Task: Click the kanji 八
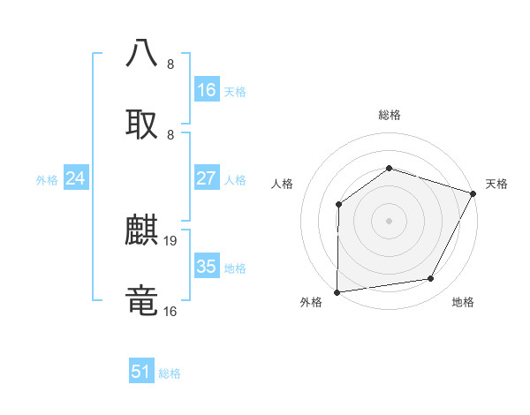pyautogui.click(x=142, y=53)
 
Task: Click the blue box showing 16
pyautogui.click(x=207, y=90)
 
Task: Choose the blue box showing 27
pyautogui.click(x=207, y=179)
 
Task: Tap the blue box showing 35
pyautogui.click(x=207, y=268)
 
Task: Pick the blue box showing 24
pyautogui.click(x=76, y=179)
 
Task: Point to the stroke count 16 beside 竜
pyautogui.click(x=170, y=312)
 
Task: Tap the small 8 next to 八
pyautogui.click(x=170, y=64)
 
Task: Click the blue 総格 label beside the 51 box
pyautogui.click(x=170, y=373)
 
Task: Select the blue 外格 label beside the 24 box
pyautogui.click(x=47, y=180)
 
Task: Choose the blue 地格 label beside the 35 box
pyautogui.click(x=235, y=268)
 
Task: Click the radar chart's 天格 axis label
pyautogui.click(x=496, y=184)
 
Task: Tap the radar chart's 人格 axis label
pyautogui.click(x=283, y=184)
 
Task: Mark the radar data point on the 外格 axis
pyautogui.click(x=337, y=291)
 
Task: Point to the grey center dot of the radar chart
pyautogui.click(x=389, y=220)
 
